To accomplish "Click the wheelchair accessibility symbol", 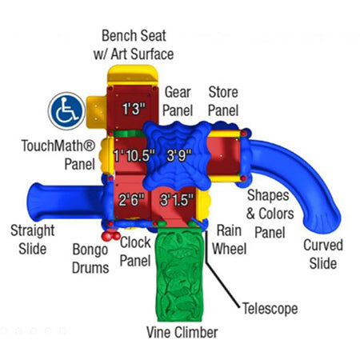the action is pyautogui.click(x=66, y=110).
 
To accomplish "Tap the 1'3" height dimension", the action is pyautogui.click(x=134, y=109).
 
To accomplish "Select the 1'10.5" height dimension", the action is pyautogui.click(x=134, y=155).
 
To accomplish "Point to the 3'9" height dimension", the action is pyautogui.click(x=179, y=155).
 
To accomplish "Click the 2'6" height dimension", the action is pyautogui.click(x=131, y=199).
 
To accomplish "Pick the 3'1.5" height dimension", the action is pyautogui.click(x=177, y=199).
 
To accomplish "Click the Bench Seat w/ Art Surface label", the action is pyautogui.click(x=134, y=45).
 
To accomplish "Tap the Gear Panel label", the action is pyautogui.click(x=178, y=102).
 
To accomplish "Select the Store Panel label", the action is pyautogui.click(x=223, y=102).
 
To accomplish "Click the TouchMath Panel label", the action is pyautogui.click(x=58, y=154).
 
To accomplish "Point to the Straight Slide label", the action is pyautogui.click(x=33, y=239).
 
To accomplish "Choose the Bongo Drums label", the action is pyautogui.click(x=90, y=258).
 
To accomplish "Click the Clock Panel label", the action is pyautogui.click(x=135, y=251).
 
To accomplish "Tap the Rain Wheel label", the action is pyautogui.click(x=229, y=239).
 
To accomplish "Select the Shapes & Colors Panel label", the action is pyautogui.click(x=270, y=214).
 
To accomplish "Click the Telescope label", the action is pyautogui.click(x=270, y=309).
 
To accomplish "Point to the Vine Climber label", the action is pyautogui.click(x=182, y=333).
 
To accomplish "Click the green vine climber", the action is pyautogui.click(x=178, y=274).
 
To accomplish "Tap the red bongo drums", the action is pyautogui.click(x=110, y=236).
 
